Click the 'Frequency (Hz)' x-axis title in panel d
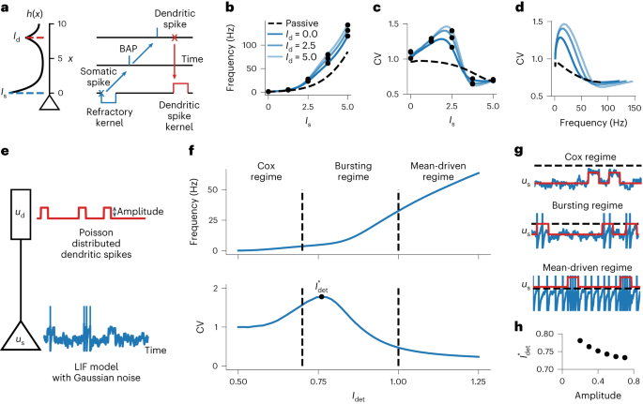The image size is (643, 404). point(564,123)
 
